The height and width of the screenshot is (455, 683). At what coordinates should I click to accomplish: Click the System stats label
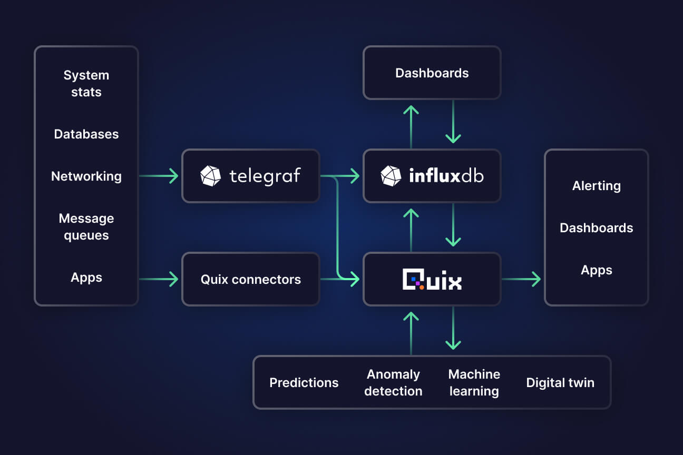86,83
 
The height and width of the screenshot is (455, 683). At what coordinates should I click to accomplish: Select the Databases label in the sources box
86,134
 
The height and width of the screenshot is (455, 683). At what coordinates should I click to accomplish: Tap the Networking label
86,176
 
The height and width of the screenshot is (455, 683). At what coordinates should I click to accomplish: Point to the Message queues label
86,226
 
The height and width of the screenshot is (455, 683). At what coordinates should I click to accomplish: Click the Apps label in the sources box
86,277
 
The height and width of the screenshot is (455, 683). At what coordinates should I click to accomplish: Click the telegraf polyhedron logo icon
211,176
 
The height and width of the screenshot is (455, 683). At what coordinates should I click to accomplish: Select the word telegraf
265,176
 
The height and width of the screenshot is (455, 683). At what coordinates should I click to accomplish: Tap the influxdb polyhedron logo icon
391,176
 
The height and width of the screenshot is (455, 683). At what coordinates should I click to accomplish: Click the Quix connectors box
251,279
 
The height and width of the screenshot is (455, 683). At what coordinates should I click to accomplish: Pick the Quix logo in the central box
432,279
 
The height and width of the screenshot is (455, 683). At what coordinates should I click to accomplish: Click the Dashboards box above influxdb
432,73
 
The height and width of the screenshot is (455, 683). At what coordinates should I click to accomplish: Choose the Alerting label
597,185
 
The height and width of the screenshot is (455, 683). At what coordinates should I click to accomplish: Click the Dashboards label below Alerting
597,227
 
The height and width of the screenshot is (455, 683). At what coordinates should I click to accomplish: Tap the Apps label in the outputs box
597,270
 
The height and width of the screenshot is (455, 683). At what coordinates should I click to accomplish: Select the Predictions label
304,382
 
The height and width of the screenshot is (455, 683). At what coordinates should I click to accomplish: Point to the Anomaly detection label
393,382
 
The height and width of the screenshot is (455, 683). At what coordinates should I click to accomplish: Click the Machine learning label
474,382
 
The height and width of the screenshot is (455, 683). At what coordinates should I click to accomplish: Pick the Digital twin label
560,382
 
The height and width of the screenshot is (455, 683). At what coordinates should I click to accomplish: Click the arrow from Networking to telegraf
159,176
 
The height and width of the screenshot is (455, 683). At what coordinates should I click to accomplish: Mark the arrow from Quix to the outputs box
522,279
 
